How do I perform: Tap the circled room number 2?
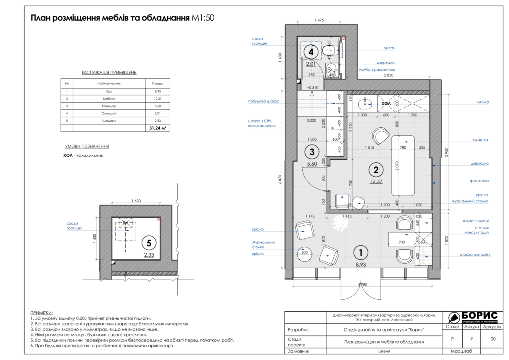(376, 170)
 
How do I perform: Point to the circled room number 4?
(311, 51)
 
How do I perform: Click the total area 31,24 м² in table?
(157, 128)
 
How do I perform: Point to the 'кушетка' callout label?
(480, 140)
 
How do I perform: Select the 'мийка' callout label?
(482, 102)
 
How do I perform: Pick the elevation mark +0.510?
(313, 88)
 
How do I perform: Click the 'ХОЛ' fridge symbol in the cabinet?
(386, 103)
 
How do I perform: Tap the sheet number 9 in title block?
(471, 338)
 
